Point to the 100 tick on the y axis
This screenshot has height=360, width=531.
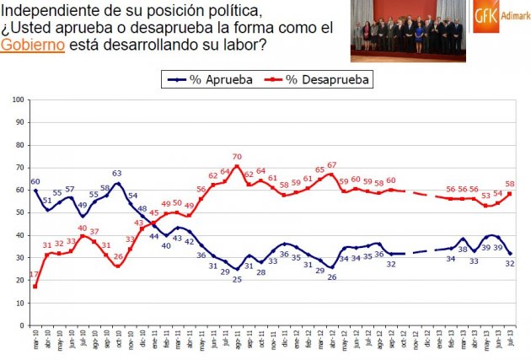[19, 100]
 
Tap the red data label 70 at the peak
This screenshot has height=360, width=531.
[238, 157]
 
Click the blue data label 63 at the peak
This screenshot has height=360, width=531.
[117, 175]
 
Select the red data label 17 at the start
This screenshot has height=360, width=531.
[35, 276]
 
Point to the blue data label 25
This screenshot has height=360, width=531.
[237, 279]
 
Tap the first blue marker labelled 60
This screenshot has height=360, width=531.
[35, 191]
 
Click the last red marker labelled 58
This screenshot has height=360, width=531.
[510, 195]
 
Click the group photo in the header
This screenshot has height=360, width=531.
[409, 30]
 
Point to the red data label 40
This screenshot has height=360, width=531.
[83, 228]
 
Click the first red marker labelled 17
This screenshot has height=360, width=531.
[35, 287]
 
